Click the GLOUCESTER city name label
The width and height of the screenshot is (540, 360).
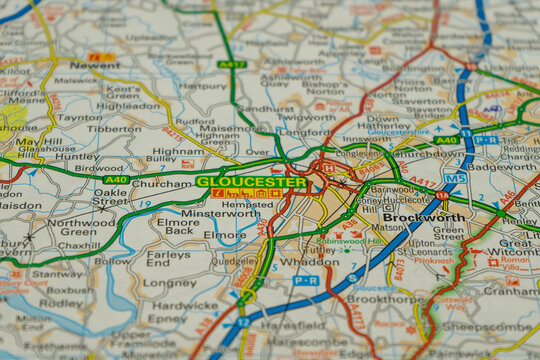252,182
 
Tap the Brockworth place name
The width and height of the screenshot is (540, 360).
423,217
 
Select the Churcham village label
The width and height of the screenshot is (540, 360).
161,184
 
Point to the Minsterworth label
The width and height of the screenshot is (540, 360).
220,213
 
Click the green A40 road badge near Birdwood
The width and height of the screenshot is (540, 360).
116,179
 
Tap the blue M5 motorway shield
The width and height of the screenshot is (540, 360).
455,178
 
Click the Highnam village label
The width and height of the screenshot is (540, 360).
178,151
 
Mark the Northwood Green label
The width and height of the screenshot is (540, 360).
82,229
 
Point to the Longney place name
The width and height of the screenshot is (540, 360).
169,283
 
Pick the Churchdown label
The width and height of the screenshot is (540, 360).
428,154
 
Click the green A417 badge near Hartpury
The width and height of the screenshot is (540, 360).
231,64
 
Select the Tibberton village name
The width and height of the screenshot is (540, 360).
114,128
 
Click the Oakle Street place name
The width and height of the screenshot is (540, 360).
111,197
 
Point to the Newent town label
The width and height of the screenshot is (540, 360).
94,64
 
